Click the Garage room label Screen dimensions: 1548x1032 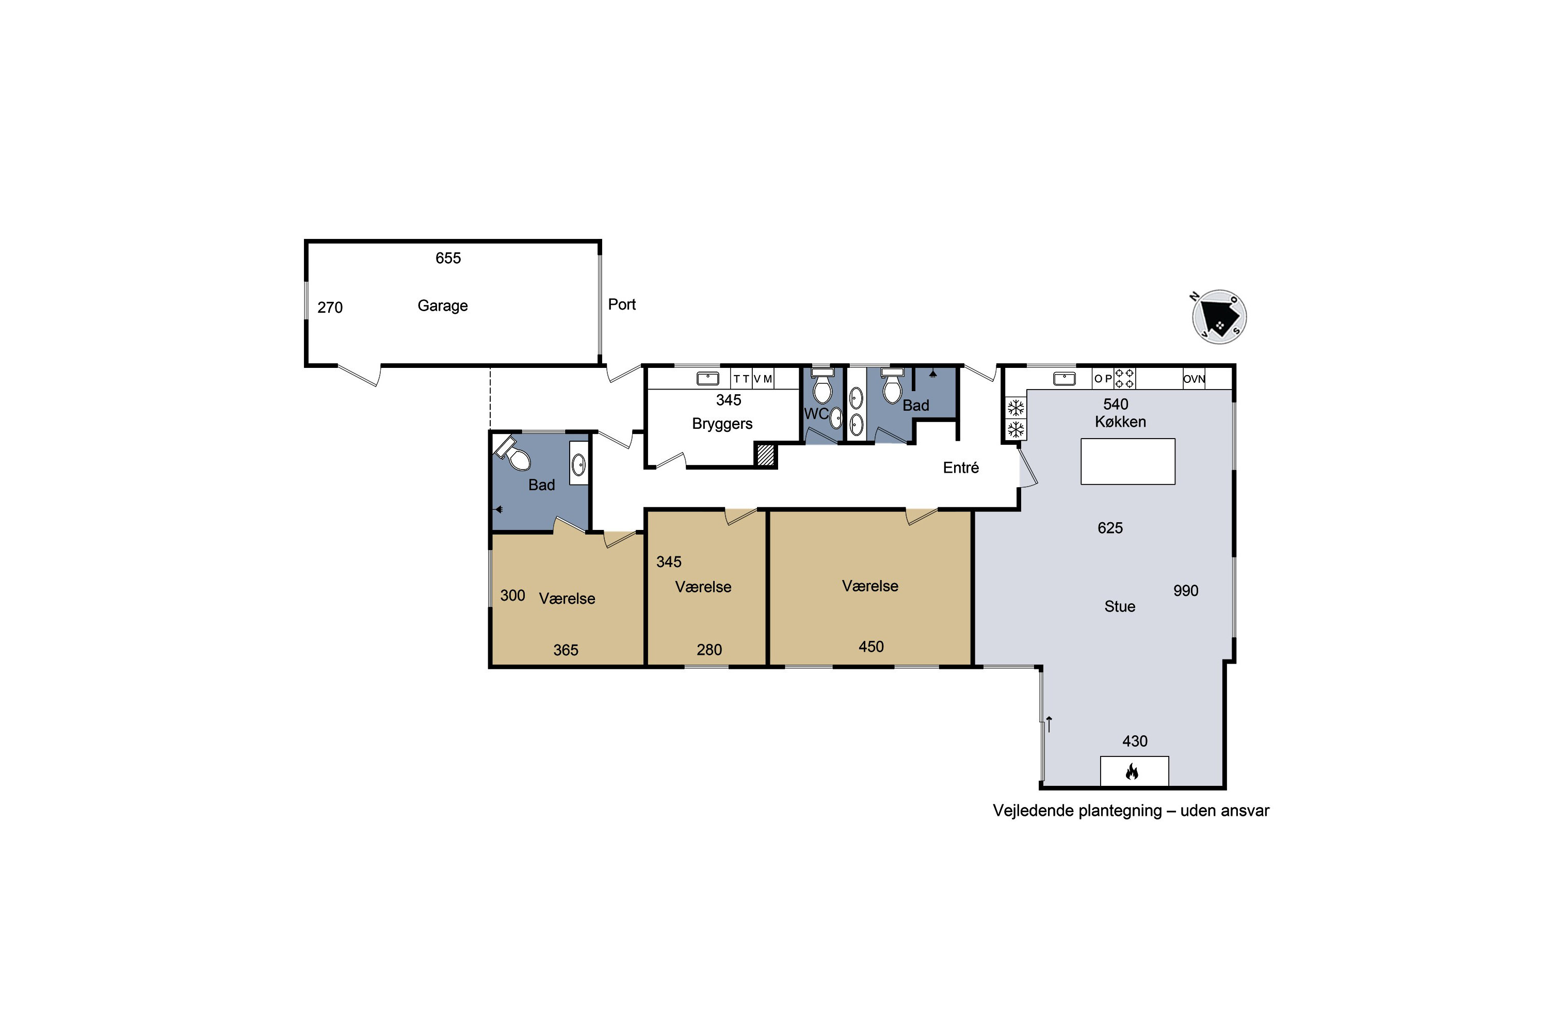pyautogui.click(x=442, y=305)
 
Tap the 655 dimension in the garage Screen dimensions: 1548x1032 pyautogui.click(x=448, y=258)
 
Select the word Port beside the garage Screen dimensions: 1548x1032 pyautogui.click(x=622, y=304)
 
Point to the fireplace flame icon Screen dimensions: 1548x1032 pyautogui.click(x=1132, y=771)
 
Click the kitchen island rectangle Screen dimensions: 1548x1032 pyautogui.click(x=1128, y=461)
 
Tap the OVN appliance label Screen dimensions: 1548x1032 pyautogui.click(x=1194, y=379)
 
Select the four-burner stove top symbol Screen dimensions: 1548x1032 pyautogui.click(x=1125, y=378)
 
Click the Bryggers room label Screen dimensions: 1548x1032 pyautogui.click(x=722, y=424)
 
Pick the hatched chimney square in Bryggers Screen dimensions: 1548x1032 pyautogui.click(x=765, y=456)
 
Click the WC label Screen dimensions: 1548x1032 pyautogui.click(x=816, y=414)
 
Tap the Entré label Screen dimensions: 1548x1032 pyautogui.click(x=961, y=467)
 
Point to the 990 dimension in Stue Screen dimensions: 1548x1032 pyautogui.click(x=1186, y=590)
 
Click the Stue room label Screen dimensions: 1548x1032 pyautogui.click(x=1120, y=606)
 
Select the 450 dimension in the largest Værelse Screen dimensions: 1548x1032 pyautogui.click(x=871, y=647)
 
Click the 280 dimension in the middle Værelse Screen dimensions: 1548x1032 pyautogui.click(x=709, y=650)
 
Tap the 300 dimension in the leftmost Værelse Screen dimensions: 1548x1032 pyautogui.click(x=513, y=595)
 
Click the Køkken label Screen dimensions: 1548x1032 pyautogui.click(x=1120, y=422)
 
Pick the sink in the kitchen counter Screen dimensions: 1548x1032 pyautogui.click(x=1064, y=378)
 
